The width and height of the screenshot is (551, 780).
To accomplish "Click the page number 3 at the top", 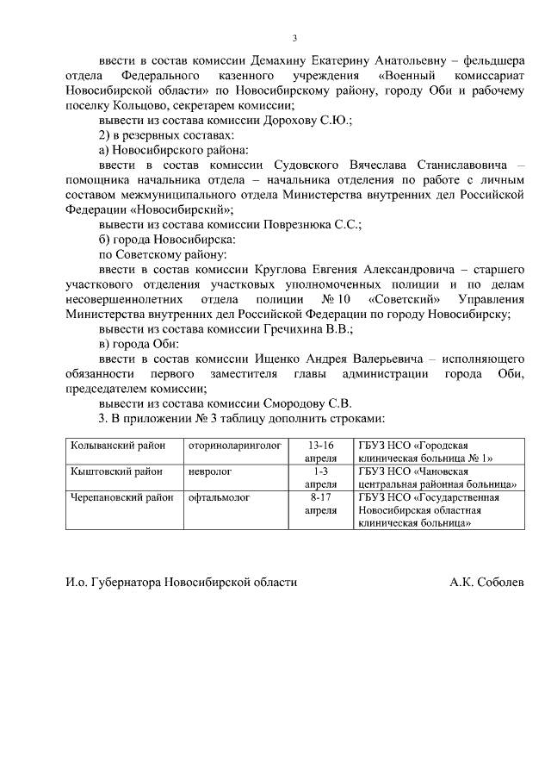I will tap(294, 38).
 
